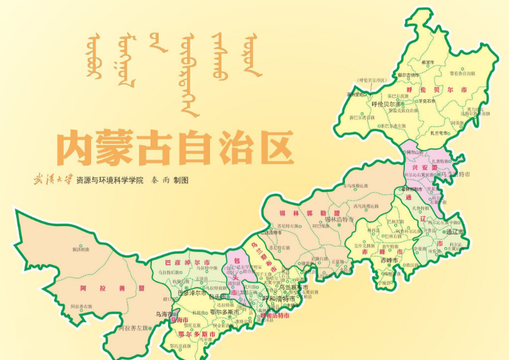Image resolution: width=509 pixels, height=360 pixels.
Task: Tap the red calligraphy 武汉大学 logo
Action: pos(53,180)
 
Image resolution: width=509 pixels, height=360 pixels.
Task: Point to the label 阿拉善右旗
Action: pos(80,307)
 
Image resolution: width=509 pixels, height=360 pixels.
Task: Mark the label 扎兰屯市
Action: pos(439,133)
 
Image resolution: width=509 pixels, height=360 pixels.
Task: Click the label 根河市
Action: pos(427,62)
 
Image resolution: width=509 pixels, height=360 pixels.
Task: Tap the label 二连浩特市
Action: pos(272,232)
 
